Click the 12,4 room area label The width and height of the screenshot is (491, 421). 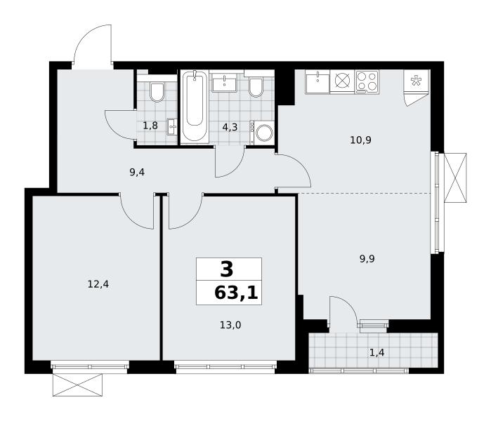(98, 284)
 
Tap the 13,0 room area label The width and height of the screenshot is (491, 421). (230, 326)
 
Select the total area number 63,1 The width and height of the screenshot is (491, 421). (236, 293)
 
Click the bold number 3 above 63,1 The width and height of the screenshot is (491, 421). (227, 269)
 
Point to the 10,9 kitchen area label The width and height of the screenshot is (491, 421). (361, 140)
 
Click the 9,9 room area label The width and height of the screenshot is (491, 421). (367, 259)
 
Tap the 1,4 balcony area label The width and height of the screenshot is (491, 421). (377, 353)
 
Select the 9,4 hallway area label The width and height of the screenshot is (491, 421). (137, 172)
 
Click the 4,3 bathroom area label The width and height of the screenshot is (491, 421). (230, 127)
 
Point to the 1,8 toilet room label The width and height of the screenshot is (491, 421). (150, 126)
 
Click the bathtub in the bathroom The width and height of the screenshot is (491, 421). (195, 106)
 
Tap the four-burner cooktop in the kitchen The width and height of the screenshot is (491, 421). (367, 82)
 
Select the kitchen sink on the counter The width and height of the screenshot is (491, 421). (317, 82)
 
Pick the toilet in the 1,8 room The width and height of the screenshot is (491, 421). (157, 91)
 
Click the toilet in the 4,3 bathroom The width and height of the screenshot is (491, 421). (256, 86)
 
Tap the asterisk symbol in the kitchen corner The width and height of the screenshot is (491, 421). (416, 81)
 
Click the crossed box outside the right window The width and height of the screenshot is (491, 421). (455, 178)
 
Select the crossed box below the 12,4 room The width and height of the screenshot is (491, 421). (77, 385)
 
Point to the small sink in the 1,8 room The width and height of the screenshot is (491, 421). (172, 127)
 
